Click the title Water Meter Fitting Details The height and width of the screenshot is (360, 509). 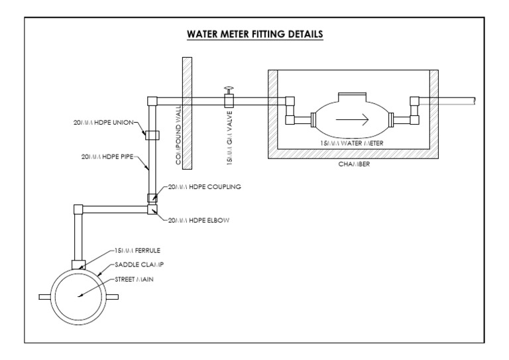pos(255,34)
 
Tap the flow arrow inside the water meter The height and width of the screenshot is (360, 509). pos(351,120)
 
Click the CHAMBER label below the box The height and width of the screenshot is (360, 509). pos(353,165)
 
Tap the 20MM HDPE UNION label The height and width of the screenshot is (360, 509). pos(106,123)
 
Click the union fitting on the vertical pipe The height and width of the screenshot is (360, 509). pos(152,135)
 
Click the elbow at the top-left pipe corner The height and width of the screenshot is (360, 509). pos(152,101)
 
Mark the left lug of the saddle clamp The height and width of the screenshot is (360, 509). pos(45,296)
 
